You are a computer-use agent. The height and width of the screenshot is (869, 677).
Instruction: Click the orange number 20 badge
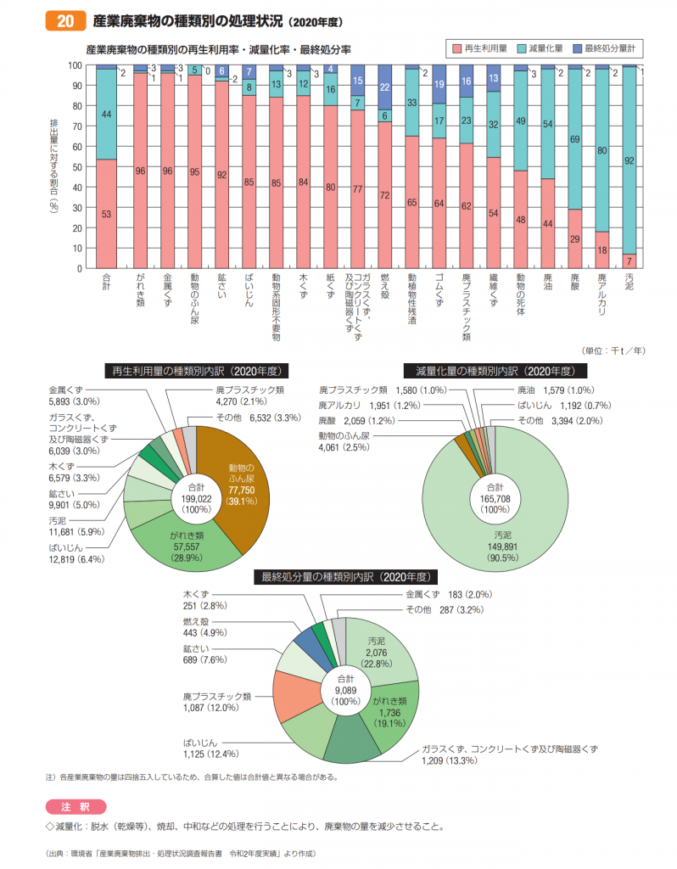click(x=65, y=21)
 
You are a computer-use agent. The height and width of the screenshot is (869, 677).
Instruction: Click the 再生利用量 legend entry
click(x=480, y=48)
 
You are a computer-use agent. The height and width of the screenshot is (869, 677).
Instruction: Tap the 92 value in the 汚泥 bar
click(x=629, y=160)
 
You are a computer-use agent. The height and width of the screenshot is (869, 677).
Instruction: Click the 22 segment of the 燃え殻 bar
click(x=384, y=87)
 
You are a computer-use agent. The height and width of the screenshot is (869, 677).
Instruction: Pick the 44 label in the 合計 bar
click(x=106, y=115)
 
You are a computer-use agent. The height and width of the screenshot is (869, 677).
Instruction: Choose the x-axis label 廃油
click(x=547, y=282)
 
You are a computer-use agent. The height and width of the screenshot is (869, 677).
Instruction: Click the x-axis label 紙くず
click(x=330, y=286)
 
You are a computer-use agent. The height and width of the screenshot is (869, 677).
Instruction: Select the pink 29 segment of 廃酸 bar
click(x=574, y=238)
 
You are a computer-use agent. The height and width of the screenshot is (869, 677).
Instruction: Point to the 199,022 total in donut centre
click(x=196, y=499)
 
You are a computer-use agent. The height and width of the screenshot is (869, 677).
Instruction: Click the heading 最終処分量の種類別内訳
click(x=345, y=577)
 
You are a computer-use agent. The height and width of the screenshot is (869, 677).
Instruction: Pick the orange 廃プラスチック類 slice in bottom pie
click(x=296, y=696)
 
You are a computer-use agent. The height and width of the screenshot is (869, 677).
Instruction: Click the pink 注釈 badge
click(x=76, y=807)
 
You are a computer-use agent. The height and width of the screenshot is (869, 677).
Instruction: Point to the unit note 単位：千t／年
click(x=613, y=350)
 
